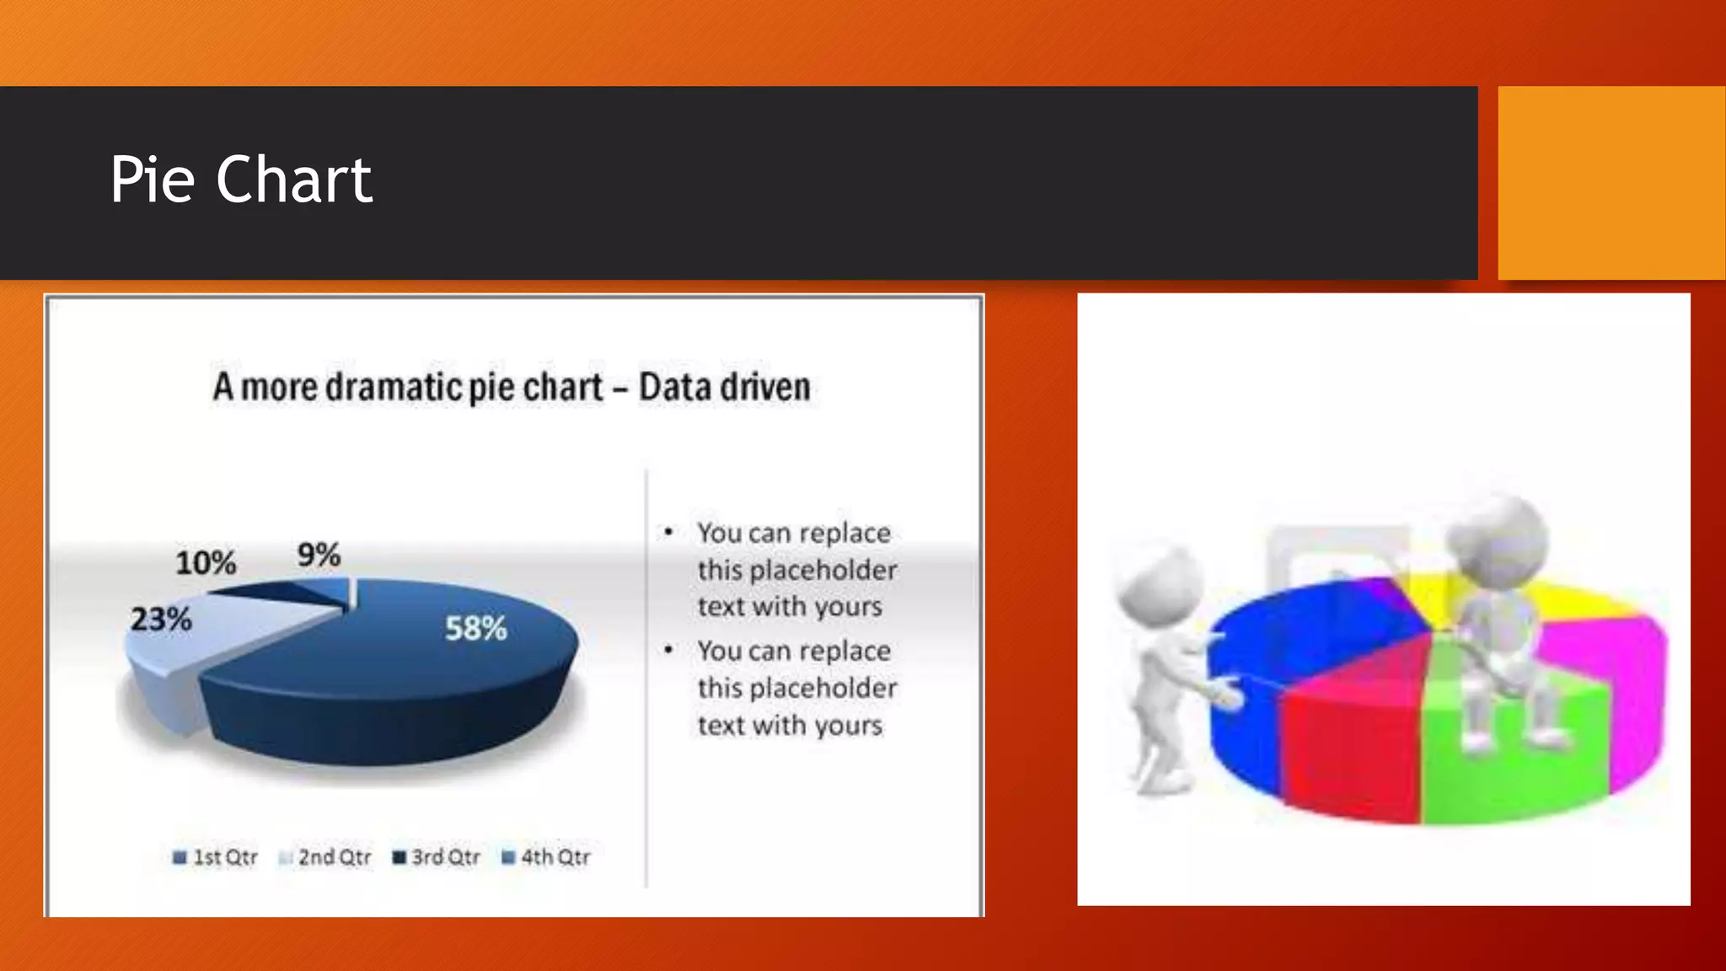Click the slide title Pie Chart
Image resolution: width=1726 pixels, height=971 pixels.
[x=241, y=180]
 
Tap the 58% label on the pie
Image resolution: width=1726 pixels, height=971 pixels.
[x=475, y=629]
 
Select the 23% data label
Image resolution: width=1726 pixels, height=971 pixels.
[x=161, y=620]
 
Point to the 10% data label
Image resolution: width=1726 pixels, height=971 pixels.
[x=206, y=563]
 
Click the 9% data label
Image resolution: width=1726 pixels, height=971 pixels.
[x=319, y=555]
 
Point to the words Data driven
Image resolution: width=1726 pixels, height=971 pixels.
[x=724, y=388]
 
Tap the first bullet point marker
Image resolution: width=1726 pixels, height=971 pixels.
[x=668, y=532]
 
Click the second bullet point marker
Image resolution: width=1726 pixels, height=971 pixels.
[x=668, y=650]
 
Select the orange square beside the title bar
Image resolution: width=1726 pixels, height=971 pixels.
[x=1611, y=183]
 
